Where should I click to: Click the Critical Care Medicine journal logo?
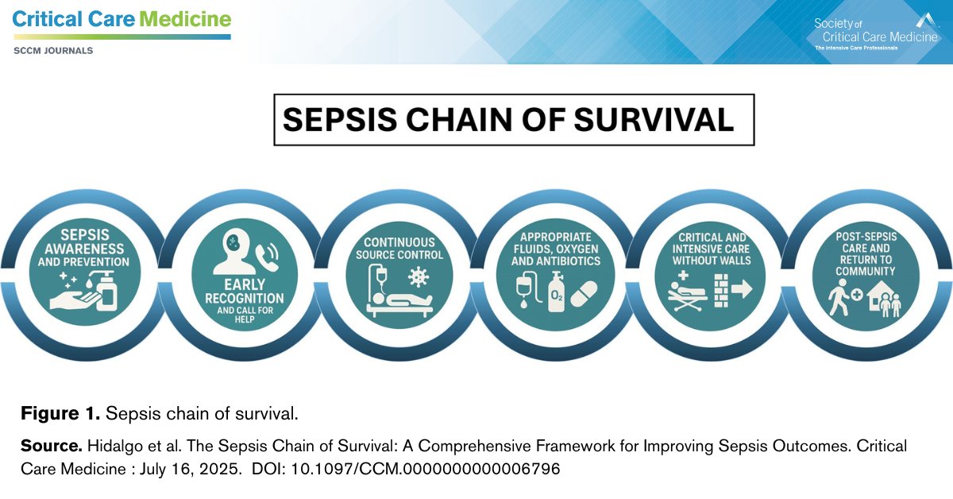pyautogui.click(x=122, y=20)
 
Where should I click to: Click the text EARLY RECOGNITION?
pyautogui.click(x=245, y=291)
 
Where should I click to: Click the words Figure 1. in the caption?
pyautogui.click(x=60, y=414)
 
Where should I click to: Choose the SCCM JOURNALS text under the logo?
pyautogui.click(x=53, y=51)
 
